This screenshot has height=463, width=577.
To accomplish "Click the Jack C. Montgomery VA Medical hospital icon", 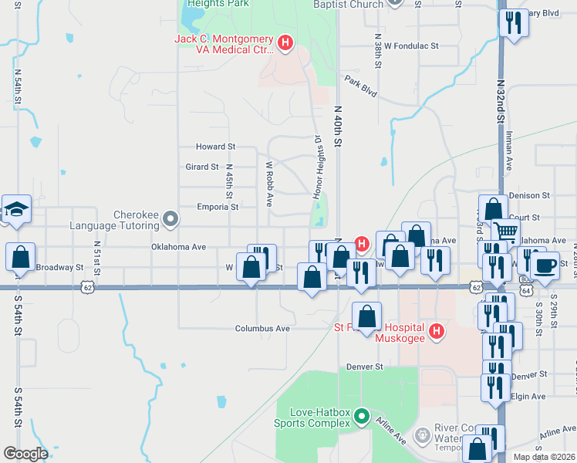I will click(x=285, y=42).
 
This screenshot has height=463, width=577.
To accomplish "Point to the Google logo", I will click(x=25, y=454).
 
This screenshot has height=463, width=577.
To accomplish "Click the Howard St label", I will click(x=215, y=147).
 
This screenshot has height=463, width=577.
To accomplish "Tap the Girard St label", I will click(x=203, y=167).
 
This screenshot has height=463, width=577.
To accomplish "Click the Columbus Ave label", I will click(x=262, y=329).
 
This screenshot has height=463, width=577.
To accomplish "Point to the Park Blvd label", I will click(x=361, y=86).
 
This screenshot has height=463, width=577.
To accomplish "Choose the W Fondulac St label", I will click(x=411, y=46).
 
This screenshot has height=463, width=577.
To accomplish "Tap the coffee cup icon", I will click(x=545, y=265).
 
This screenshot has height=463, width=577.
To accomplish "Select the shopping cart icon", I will click(x=506, y=231).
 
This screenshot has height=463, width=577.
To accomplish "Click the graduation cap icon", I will click(x=16, y=209).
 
